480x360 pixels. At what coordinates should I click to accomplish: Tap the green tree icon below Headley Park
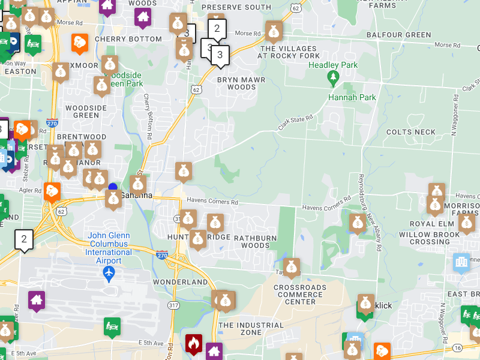click(x=333, y=78)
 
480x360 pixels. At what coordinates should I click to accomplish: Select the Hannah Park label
click(x=352, y=97)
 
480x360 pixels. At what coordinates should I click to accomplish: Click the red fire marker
click(x=193, y=344)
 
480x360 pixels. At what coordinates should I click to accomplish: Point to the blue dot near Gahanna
click(x=113, y=187)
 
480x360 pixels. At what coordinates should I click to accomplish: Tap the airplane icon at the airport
click(x=109, y=274)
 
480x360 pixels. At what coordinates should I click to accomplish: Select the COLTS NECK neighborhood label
click(x=411, y=132)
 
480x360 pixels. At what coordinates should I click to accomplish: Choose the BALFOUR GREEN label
click(x=399, y=35)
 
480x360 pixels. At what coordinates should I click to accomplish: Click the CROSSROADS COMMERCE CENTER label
click(x=301, y=294)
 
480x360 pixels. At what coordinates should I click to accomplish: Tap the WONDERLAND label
click(x=181, y=282)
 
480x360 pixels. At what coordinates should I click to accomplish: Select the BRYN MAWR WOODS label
click(x=236, y=83)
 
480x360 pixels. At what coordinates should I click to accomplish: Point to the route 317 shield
click(x=173, y=305)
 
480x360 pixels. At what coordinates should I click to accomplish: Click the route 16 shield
click(x=458, y=348)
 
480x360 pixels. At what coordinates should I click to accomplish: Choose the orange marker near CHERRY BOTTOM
click(x=79, y=43)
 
